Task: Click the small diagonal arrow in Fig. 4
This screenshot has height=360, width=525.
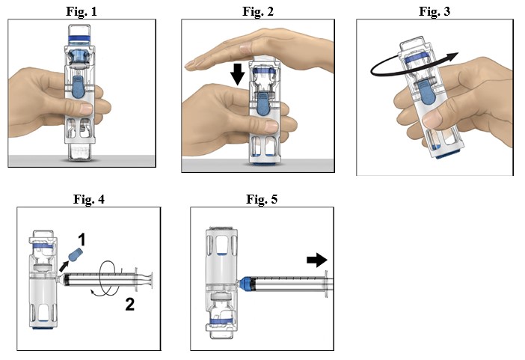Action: point(65,266)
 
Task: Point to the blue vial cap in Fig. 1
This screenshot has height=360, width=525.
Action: point(77,34)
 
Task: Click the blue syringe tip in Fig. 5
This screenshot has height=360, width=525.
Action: point(248,284)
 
